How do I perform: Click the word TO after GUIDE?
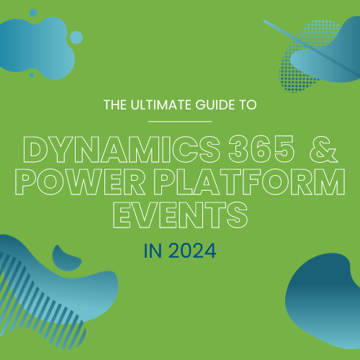(x=248, y=105)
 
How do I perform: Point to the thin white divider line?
(x=180, y=122)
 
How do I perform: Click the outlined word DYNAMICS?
(x=122, y=150)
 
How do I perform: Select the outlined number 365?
(x=261, y=150)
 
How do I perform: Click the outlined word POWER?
(x=80, y=181)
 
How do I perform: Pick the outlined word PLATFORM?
(x=250, y=181)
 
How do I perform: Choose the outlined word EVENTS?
(x=180, y=215)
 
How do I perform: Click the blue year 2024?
(x=192, y=251)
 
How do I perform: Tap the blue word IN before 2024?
(x=153, y=251)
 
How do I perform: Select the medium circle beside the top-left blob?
(x=76, y=37)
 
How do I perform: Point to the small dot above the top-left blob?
(x=33, y=13)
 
